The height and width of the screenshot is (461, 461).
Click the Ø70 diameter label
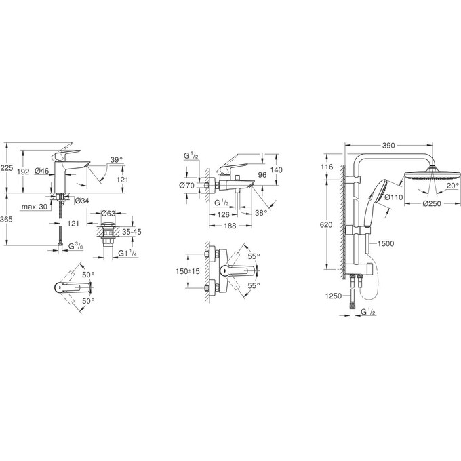(186, 184)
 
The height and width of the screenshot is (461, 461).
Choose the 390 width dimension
(388, 144)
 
